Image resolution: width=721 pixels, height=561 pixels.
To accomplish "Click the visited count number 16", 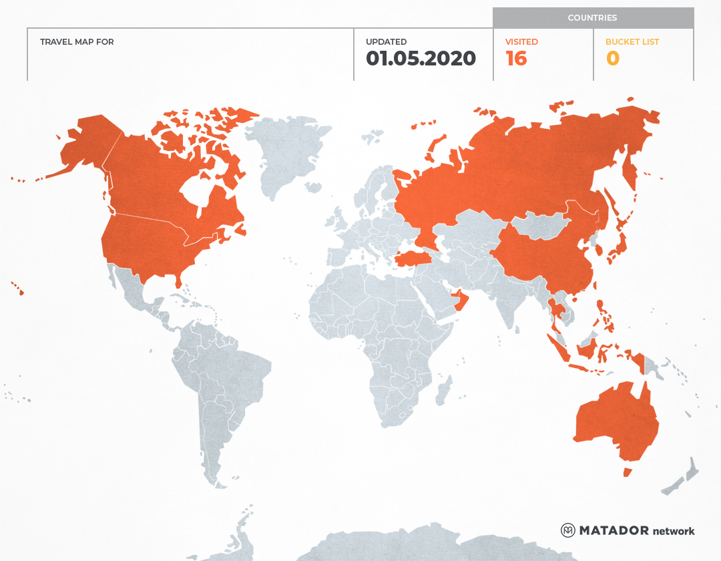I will click(x=516, y=59).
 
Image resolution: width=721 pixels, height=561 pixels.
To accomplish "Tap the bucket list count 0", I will click(x=612, y=59).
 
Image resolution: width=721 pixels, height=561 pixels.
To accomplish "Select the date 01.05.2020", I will click(x=421, y=59).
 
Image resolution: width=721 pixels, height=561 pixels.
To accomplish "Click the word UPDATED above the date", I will click(x=386, y=41).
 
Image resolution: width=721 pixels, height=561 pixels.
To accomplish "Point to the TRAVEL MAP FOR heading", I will click(x=77, y=41).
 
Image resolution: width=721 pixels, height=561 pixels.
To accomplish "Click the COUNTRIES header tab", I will click(x=592, y=18).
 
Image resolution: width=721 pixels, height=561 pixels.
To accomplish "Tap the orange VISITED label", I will click(x=521, y=41).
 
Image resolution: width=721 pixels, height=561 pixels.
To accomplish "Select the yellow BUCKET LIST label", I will click(x=632, y=41).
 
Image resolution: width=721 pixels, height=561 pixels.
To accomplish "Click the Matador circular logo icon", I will click(x=567, y=530).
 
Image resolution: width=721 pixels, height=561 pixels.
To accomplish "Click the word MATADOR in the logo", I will click(x=614, y=530).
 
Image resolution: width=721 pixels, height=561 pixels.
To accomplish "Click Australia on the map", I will click(x=614, y=421).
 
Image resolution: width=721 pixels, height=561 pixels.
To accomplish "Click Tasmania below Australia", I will click(x=627, y=472).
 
